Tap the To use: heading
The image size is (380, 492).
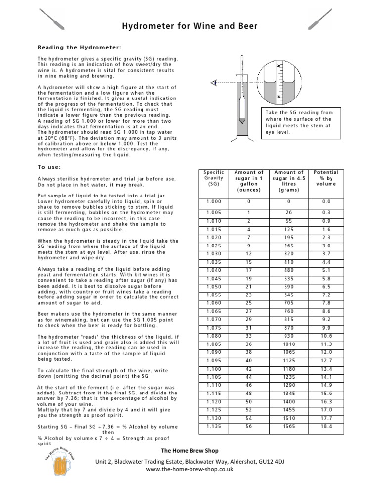coord(51,166)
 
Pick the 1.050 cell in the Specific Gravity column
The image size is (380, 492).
coord(215,287)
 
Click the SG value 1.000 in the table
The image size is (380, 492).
coord(215,201)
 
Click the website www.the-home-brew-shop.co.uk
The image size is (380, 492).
coord(190,470)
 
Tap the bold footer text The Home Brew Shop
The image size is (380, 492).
coord(190,450)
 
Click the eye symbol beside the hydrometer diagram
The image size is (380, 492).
coord(213,83)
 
